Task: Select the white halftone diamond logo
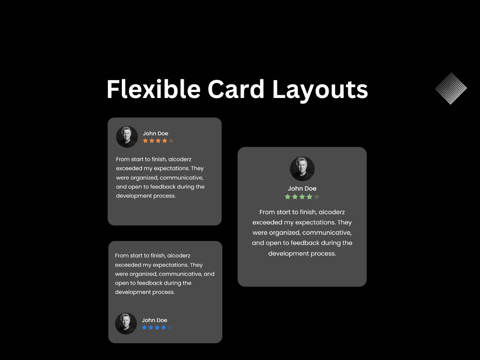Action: [451, 88]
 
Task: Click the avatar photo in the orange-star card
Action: [127, 136]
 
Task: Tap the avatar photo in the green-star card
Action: [302, 169]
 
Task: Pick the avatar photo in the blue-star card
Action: [126, 323]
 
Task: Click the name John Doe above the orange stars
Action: [156, 134]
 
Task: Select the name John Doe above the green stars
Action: [302, 188]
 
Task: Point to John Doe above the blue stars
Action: [155, 320]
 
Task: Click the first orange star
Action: [145, 141]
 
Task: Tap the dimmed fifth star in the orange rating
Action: [171, 141]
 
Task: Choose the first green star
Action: [288, 197]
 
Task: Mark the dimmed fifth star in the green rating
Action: [317, 197]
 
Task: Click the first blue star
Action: [144, 328]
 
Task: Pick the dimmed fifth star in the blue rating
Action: [170, 328]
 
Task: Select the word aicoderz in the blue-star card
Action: [179, 256]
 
